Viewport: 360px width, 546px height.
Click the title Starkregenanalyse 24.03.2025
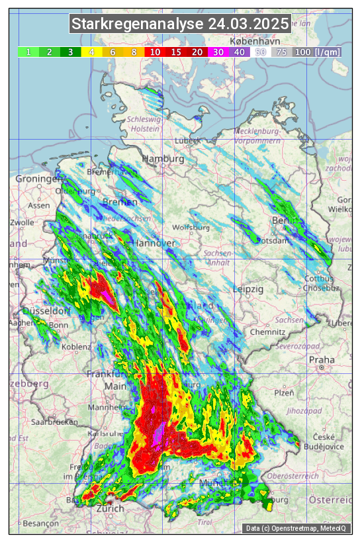[180, 24]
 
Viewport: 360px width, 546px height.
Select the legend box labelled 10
[155, 52]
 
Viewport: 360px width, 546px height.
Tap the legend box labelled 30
[218, 52]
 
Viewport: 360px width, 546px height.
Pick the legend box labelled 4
[91, 52]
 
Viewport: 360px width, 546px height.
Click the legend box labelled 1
[28, 52]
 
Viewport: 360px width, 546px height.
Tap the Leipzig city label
[248, 289]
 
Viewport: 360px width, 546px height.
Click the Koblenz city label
[75, 347]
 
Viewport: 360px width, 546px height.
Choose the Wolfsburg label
[191, 228]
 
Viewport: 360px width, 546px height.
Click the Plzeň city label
[284, 392]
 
